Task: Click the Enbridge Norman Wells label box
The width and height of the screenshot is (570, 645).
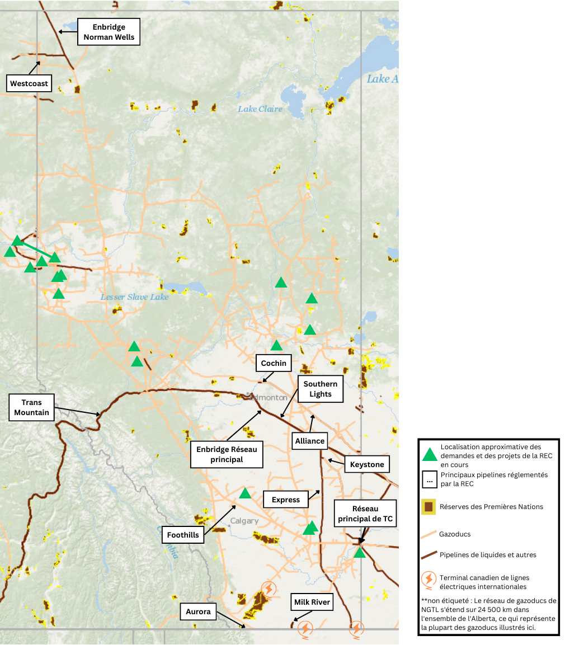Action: [109, 32]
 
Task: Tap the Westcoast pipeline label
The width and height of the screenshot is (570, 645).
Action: [30, 84]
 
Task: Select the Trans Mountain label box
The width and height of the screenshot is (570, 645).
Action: [32, 408]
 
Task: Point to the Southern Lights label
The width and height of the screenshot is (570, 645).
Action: [321, 389]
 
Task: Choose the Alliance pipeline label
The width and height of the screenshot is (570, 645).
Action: [310, 441]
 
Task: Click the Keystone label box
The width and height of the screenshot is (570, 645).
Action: [367, 464]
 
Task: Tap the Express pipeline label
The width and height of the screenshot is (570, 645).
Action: [286, 500]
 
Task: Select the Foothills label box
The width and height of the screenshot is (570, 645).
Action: [183, 535]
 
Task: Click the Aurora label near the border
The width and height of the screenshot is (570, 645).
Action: [199, 611]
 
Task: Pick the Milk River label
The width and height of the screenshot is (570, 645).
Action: [312, 602]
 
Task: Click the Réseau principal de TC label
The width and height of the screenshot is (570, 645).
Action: [365, 514]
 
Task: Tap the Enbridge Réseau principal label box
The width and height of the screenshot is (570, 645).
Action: [227, 454]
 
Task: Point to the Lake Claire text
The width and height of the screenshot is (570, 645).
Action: [260, 109]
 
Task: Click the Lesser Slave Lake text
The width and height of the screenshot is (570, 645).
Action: [134, 297]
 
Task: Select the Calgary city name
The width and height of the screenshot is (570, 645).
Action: [244, 521]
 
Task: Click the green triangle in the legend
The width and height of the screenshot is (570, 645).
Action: [430, 454]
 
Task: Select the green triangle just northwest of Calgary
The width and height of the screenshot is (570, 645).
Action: [245, 493]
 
